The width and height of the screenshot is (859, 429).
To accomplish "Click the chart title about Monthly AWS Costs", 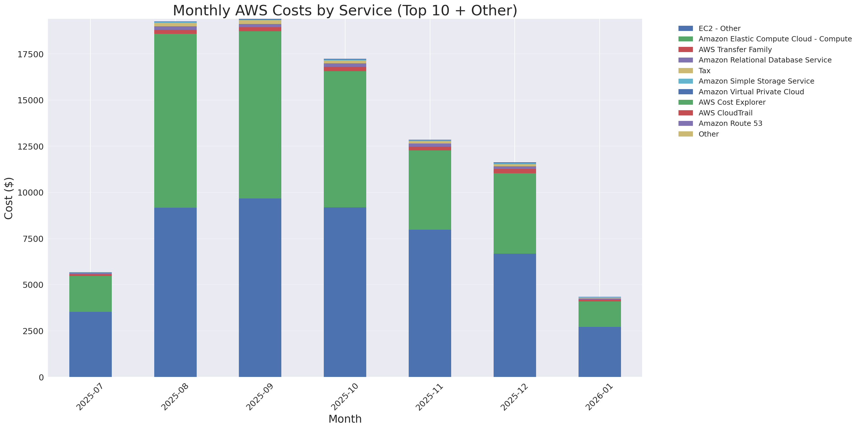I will [345, 10].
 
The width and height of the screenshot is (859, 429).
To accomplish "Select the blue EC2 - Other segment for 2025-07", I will [90, 344].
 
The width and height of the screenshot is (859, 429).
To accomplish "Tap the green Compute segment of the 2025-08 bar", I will [175, 120].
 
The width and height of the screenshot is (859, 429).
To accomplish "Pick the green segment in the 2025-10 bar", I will [345, 139].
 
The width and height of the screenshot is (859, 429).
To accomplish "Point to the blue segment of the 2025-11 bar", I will [430, 303].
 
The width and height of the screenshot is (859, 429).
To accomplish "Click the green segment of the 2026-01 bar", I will [600, 314].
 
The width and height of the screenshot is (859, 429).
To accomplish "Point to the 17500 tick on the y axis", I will [30, 54].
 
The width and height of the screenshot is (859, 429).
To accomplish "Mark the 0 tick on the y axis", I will [41, 377].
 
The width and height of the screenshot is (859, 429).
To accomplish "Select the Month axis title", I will [345, 419].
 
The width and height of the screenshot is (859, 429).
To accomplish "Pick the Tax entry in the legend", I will [704, 71].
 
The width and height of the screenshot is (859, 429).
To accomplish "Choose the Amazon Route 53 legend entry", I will [730, 124].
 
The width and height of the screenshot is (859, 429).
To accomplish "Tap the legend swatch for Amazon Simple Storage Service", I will [686, 81].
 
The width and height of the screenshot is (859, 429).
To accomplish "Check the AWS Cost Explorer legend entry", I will [732, 102].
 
